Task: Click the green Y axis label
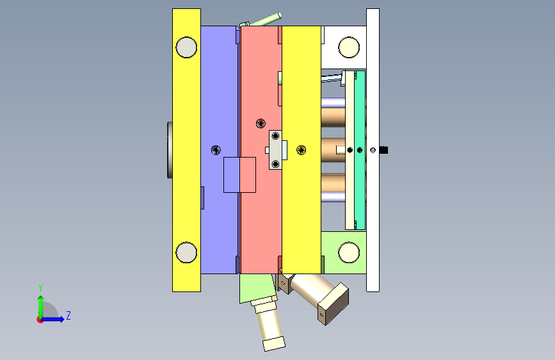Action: [40, 288]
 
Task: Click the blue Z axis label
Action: [68, 315]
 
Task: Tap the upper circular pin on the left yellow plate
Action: [186, 47]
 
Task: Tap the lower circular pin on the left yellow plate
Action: [186, 252]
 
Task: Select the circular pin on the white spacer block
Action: [349, 47]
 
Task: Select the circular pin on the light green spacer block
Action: [349, 252]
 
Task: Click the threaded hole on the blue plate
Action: [216, 150]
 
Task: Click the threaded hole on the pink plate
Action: [261, 123]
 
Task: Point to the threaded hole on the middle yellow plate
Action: [302, 150]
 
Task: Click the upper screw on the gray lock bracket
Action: [275, 136]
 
